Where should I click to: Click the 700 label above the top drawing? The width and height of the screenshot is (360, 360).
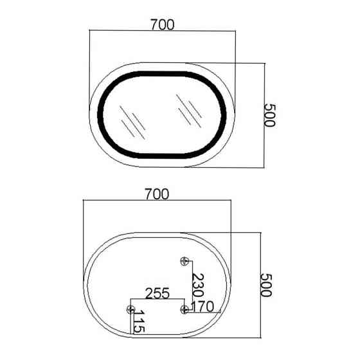(x=163, y=24)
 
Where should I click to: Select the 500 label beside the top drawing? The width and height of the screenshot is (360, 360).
(x=269, y=115)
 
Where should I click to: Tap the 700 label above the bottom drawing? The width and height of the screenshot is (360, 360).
(x=157, y=194)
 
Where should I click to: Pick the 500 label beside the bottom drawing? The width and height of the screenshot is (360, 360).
(x=266, y=285)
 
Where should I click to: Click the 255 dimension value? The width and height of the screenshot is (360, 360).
(x=157, y=293)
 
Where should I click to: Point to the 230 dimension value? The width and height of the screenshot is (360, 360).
(x=198, y=285)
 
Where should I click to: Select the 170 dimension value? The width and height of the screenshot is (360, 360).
(x=203, y=307)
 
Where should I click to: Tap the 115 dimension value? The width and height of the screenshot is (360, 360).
(x=139, y=321)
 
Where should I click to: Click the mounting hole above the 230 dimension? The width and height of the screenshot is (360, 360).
(x=184, y=261)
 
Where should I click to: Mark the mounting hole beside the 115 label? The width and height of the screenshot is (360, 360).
(x=130, y=309)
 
